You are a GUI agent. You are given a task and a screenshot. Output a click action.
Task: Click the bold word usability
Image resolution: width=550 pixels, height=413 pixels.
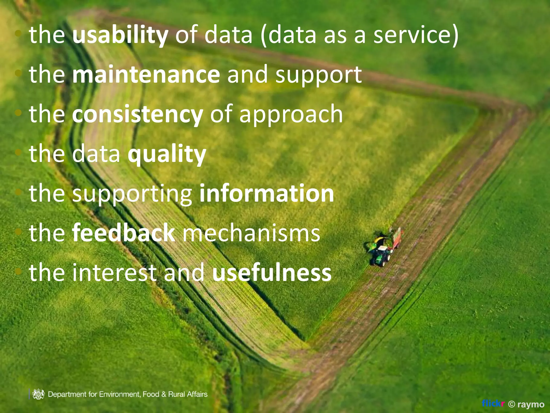coord(120,35)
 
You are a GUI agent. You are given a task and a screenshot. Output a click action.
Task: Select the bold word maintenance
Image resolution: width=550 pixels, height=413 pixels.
coord(146,74)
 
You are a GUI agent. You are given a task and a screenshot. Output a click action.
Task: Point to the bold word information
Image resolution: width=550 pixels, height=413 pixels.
coord(267,193)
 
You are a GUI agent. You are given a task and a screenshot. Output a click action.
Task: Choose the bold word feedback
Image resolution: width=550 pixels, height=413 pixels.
coord(124,233)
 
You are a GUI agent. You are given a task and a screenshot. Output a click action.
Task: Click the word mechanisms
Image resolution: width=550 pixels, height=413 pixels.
coord(251,233)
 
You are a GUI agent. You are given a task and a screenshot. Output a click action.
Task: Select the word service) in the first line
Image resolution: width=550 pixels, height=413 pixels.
coord(416,35)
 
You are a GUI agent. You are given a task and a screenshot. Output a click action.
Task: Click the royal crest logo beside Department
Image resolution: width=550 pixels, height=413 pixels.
coord(38,394)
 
